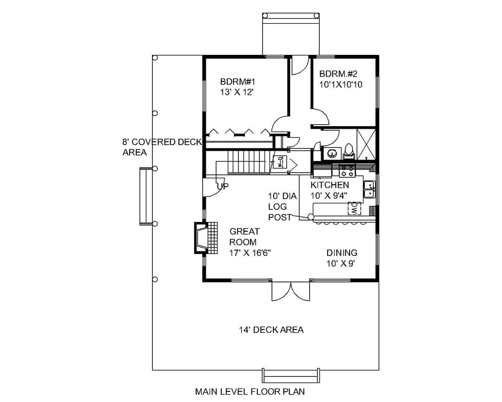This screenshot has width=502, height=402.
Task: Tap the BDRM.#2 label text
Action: tap(338, 74)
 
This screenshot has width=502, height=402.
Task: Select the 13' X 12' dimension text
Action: tap(237, 92)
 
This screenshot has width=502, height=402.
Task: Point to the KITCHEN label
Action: tap(330, 185)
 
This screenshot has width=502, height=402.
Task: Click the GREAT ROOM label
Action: tap(244, 236)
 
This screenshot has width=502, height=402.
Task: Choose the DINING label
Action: tap(342, 253)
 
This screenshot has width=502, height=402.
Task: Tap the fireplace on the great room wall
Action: tap(205, 238)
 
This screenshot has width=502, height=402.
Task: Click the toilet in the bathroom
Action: tap(349, 152)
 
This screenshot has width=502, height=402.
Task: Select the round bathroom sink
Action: tap(332, 154)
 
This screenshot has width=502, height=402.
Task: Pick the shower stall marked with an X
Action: tap(366, 144)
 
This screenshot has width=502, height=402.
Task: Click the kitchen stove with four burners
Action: tap(347, 170)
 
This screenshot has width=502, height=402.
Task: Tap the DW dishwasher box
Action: tap(354, 208)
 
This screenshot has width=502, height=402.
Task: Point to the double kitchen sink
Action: tap(370, 190)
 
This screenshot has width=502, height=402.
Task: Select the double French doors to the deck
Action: tap(291, 291)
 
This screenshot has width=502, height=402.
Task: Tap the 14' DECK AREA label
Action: tap(271, 330)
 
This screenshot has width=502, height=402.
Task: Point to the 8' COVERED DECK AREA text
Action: tap(162, 147)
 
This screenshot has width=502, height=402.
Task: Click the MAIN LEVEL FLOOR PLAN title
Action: tap(250, 391)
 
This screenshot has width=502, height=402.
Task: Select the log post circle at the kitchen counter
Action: tap(310, 217)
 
